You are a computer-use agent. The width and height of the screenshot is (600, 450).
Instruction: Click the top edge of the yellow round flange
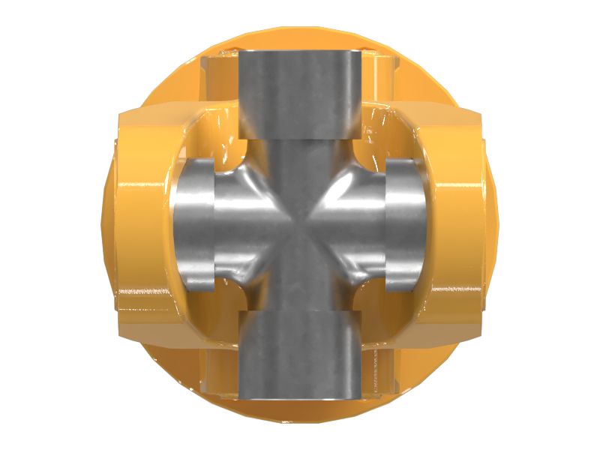(x=300, y=37)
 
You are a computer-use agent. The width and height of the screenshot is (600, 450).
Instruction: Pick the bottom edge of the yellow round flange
(x=300, y=412)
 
